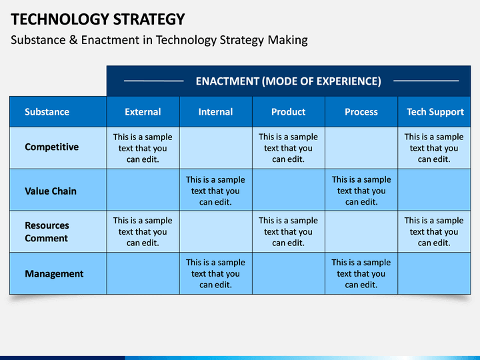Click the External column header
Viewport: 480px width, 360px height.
click(143, 112)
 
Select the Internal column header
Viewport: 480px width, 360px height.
click(215, 112)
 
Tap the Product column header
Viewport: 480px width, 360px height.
click(289, 112)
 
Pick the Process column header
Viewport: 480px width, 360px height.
click(361, 112)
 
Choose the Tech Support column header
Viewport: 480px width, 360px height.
click(435, 112)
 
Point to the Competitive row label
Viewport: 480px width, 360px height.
click(52, 147)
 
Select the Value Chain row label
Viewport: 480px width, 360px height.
click(51, 191)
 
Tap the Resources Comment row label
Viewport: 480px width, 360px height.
click(47, 232)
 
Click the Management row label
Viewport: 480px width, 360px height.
click(54, 274)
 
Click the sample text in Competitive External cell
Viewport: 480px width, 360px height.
click(143, 148)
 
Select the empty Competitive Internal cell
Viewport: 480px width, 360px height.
click(216, 148)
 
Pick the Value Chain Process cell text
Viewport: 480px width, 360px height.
click(361, 191)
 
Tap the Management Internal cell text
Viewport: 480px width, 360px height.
click(215, 273)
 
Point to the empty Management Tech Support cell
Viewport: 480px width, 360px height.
click(434, 273)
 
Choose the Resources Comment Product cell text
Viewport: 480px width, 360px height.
click(288, 231)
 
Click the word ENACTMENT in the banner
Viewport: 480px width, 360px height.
click(227, 81)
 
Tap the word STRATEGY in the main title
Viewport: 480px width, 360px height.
click(149, 19)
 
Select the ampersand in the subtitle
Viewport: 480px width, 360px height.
click(73, 40)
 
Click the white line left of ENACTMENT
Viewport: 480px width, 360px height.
click(154, 81)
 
